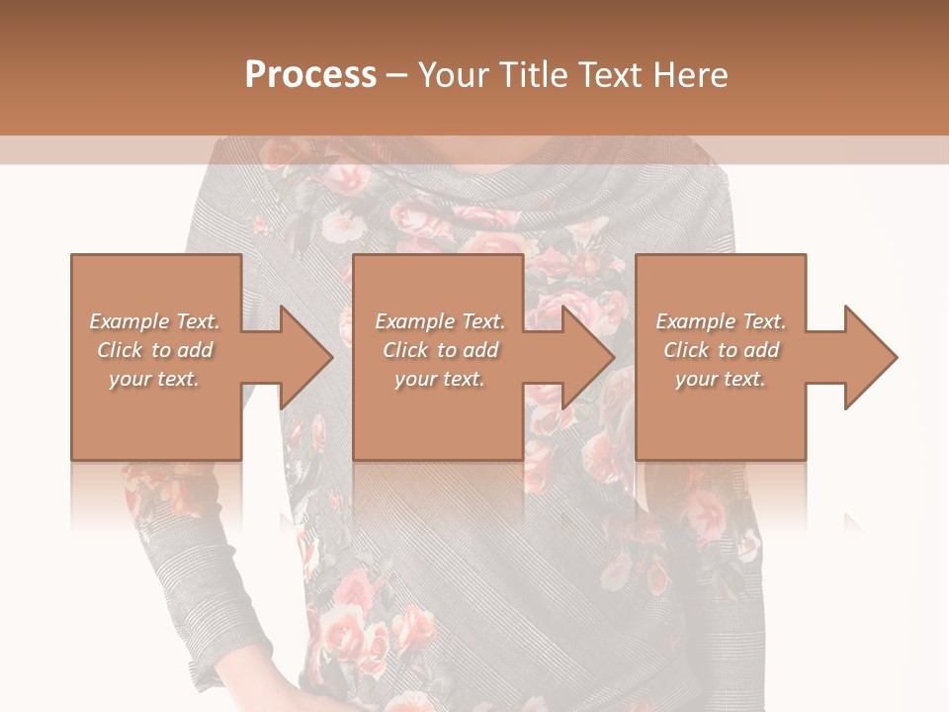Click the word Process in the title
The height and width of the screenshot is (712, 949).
310,75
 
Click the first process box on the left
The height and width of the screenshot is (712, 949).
155,415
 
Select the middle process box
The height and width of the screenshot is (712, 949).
438,415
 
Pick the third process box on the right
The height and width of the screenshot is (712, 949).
720,415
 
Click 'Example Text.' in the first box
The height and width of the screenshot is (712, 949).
154,321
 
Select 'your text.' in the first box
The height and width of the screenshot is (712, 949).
154,379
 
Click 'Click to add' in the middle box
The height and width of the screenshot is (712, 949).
440,350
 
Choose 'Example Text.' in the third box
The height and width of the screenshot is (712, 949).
721,321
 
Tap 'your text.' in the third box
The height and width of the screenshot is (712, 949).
721,379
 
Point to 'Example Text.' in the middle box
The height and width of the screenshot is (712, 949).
440,321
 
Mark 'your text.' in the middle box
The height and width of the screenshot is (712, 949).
440,379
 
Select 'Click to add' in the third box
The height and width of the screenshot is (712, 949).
721,350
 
